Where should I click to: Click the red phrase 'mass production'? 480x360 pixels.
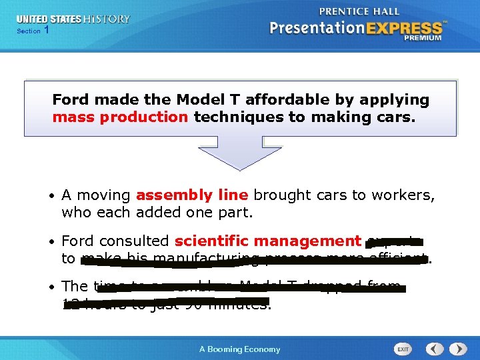click(x=120, y=117)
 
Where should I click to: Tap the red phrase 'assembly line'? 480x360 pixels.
click(x=191, y=195)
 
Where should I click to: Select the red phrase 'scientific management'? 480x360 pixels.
click(x=267, y=241)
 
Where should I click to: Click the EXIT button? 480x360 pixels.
click(x=403, y=349)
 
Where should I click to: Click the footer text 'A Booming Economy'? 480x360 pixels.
click(x=240, y=349)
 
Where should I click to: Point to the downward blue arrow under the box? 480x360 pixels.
click(x=240, y=153)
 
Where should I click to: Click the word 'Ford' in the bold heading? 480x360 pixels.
click(x=71, y=100)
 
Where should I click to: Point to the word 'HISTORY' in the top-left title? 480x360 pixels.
click(x=107, y=19)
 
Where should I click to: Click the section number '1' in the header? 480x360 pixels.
click(x=46, y=31)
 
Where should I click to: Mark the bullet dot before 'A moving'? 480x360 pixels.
click(x=51, y=196)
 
